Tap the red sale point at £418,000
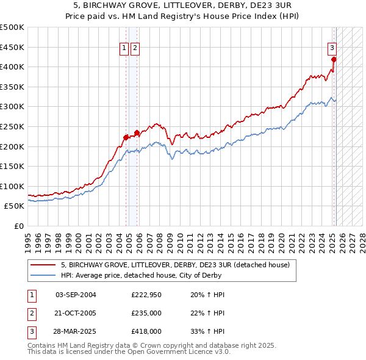334,59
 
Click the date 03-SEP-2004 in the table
76,295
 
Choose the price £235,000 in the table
146,313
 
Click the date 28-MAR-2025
76,331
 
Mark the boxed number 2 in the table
31,313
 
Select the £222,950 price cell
146,295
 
